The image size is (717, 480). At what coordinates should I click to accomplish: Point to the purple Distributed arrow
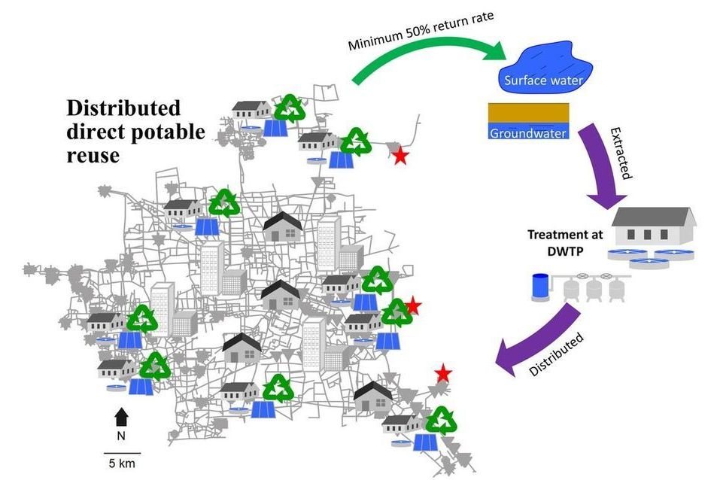542,345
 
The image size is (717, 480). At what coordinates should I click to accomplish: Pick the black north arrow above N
121,415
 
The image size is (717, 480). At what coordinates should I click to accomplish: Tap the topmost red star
400,156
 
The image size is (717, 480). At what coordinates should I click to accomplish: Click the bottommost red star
443,372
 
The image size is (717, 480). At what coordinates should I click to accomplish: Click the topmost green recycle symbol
290,108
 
